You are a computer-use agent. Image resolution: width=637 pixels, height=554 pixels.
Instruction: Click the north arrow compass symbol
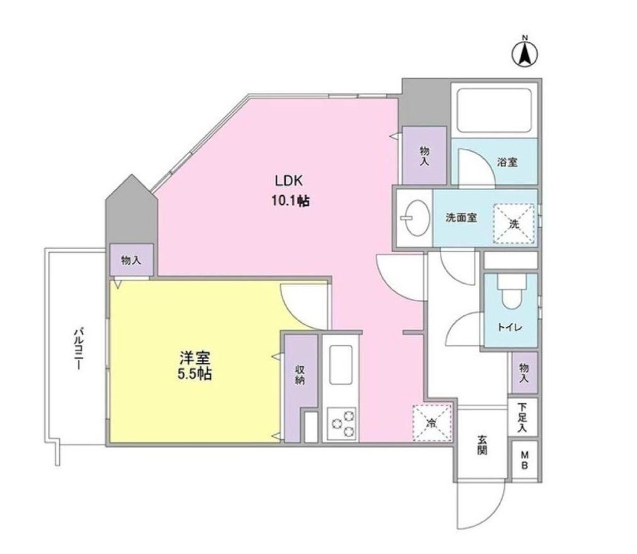point(524,54)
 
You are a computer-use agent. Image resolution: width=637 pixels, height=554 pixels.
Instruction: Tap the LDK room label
point(288,181)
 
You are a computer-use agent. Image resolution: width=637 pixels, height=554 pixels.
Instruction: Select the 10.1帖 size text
point(290,200)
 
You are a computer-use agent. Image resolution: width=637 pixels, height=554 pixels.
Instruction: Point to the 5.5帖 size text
point(194,374)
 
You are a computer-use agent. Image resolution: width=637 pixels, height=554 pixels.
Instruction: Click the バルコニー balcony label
point(79,347)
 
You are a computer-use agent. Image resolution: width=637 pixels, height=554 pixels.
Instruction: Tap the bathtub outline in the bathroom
point(494,110)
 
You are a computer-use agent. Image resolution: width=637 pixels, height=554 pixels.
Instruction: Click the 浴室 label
point(507,162)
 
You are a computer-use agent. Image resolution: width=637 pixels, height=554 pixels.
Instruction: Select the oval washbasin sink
point(417,218)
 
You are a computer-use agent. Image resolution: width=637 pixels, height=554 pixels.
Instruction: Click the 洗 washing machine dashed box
point(514,224)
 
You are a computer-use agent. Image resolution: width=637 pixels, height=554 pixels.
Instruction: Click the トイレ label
point(510,327)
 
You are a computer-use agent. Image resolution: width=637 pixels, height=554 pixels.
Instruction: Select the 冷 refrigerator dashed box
point(432,423)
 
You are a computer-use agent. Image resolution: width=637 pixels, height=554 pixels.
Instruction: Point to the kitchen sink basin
point(341,364)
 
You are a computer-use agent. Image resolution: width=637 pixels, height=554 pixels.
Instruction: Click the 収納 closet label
point(301,375)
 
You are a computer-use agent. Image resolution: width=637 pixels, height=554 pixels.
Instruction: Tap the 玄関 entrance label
point(482,445)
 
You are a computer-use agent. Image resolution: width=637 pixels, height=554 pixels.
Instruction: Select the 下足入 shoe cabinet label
point(522,417)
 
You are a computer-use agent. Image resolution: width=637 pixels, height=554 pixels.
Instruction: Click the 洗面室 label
point(461,217)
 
